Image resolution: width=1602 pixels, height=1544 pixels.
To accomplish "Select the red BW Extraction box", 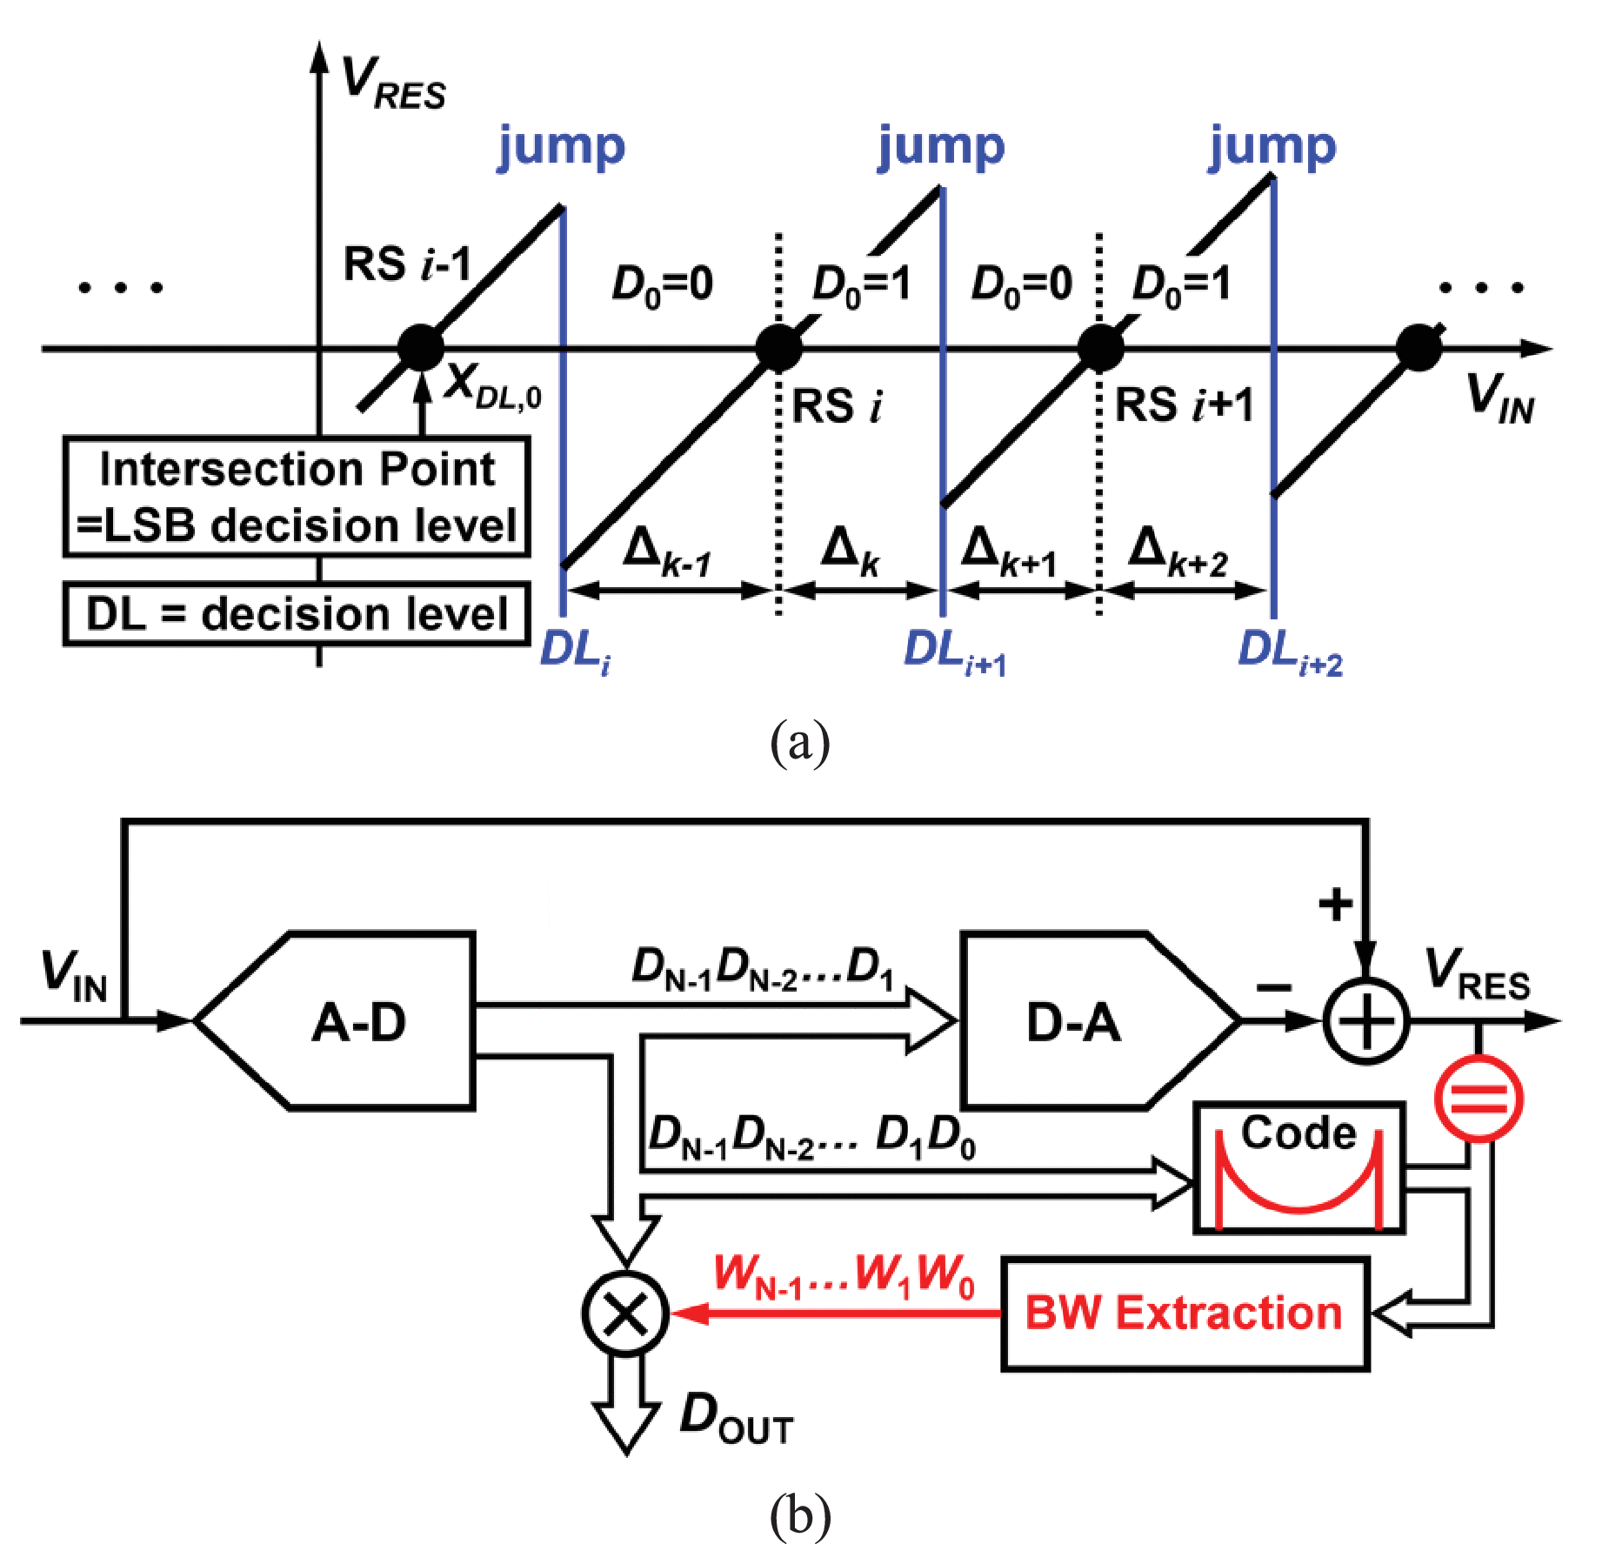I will coord(1185,1313).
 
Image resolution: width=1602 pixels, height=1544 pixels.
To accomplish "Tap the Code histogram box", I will coord(1298,1168).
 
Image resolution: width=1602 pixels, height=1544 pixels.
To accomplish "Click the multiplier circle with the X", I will coord(625,1313).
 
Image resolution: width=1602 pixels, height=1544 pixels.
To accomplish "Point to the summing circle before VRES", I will coord(1365,1021).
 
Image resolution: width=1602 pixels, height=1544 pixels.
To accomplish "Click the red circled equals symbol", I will coord(1479,1098).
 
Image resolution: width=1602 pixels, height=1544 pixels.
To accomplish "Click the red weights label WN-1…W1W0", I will coord(844,1276).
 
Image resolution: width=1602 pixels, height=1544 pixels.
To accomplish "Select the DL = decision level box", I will coord(296,614).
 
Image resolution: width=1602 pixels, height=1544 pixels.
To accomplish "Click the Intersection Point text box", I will coord(296,497).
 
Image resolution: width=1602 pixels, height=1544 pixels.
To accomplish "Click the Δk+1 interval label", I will coord(1009,553).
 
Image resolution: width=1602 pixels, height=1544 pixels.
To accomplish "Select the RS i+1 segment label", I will coord(1185,405).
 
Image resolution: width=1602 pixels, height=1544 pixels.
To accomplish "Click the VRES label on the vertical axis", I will coord(393,84).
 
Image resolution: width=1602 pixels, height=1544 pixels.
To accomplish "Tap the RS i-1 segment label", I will coord(407,264).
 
